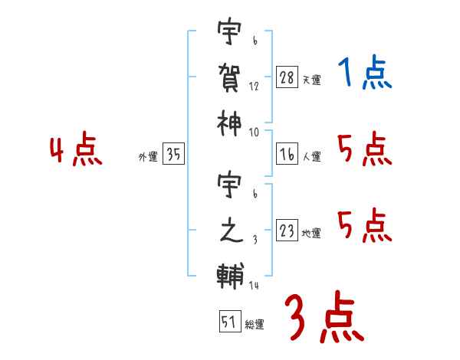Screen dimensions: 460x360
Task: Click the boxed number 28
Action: pyautogui.click(x=287, y=77)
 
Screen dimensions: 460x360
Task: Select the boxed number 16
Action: pyautogui.click(x=287, y=154)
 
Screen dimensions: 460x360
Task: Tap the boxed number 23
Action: pyautogui.click(x=287, y=230)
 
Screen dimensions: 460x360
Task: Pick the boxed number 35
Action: pyautogui.click(x=173, y=153)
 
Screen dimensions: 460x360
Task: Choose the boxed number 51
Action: pyautogui.click(x=230, y=321)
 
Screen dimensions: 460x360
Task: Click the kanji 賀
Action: pyautogui.click(x=229, y=78)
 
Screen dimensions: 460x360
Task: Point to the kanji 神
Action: pyautogui.click(x=229, y=124)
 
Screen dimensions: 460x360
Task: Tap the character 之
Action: pyautogui.click(x=231, y=231)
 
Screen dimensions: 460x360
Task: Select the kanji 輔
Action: pyautogui.click(x=230, y=277)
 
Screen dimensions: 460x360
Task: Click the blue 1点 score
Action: pyautogui.click(x=365, y=72)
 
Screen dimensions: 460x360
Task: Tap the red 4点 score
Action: pyautogui.click(x=76, y=149)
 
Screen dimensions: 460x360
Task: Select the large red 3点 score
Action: pyautogui.click(x=324, y=317)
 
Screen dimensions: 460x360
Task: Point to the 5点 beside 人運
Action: pyautogui.click(x=365, y=149)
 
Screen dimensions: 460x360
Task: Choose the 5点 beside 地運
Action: pyautogui.click(x=365, y=225)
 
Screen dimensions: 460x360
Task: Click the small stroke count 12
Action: pyautogui.click(x=254, y=87)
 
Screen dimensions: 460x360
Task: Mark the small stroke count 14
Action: pyautogui.click(x=254, y=285)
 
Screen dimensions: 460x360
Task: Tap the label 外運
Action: pyautogui.click(x=148, y=156)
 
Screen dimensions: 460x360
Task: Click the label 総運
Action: pyautogui.click(x=255, y=324)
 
